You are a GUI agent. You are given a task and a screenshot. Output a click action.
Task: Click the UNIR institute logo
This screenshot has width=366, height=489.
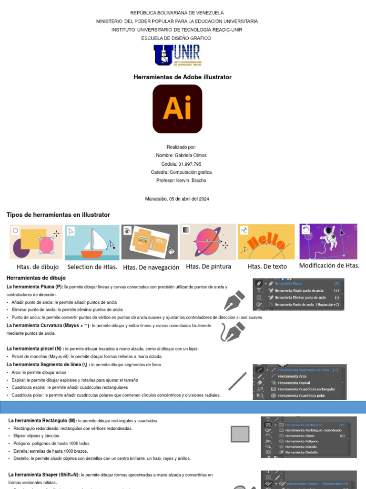click(177, 55)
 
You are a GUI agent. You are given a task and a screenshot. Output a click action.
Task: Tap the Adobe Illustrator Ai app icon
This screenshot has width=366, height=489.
click(177, 109)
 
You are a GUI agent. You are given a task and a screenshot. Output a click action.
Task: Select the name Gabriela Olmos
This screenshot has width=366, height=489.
click(181, 155)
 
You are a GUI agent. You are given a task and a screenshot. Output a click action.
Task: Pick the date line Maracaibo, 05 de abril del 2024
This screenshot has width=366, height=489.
click(177, 199)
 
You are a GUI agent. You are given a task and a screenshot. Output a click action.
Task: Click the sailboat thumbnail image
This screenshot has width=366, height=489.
click(92, 242)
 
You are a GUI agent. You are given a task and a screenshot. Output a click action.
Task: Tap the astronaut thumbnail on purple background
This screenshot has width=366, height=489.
click(328, 241)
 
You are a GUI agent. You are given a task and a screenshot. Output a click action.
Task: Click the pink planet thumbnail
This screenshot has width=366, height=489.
click(207, 242)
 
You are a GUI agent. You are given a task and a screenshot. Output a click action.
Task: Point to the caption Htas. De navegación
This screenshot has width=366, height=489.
click(151, 267)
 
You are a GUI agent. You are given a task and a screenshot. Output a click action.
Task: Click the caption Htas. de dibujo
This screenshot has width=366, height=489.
click(38, 267)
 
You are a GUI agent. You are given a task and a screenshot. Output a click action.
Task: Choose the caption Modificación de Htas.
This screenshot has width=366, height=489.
click(329, 266)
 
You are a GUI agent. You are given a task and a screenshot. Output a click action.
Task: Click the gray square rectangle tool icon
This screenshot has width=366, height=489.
click(240, 434)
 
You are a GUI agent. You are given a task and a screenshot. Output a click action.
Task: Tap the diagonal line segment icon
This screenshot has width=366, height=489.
click(237, 381)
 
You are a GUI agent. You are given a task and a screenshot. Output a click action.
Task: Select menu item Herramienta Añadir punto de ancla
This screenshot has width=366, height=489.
click(299, 290)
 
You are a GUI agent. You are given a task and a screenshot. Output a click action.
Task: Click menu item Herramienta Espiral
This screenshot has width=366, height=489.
click(294, 383)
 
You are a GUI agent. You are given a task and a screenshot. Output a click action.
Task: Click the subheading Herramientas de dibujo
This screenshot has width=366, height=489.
click(36, 278)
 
